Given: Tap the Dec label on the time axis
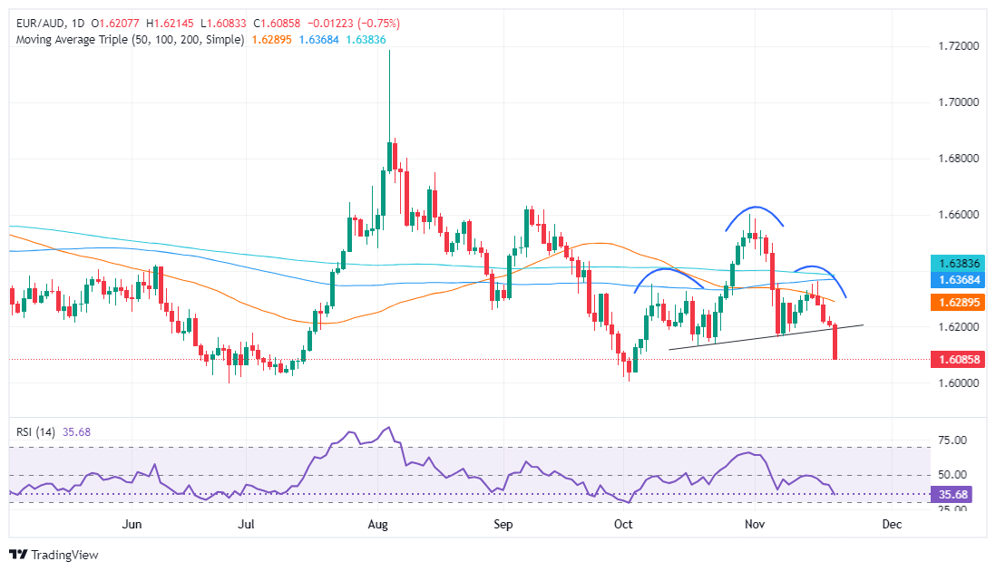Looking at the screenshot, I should point(892,524).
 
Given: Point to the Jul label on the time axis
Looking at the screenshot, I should point(246,524).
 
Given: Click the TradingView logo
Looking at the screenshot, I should point(54,555).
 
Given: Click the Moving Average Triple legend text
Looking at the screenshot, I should point(127,40).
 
